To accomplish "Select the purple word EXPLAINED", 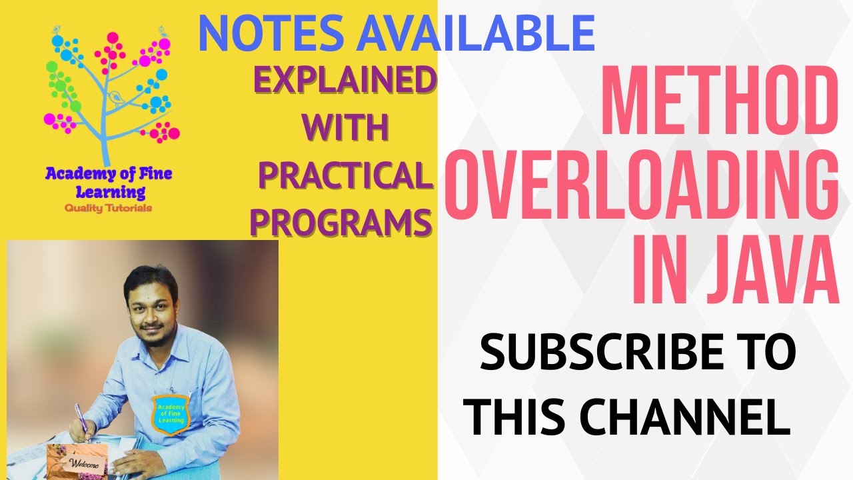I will point(344,81).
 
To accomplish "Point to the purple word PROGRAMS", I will point(341,222).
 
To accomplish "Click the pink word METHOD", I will point(720,100).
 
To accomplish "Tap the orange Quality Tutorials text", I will point(108,208).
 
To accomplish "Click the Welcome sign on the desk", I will point(84,464).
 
